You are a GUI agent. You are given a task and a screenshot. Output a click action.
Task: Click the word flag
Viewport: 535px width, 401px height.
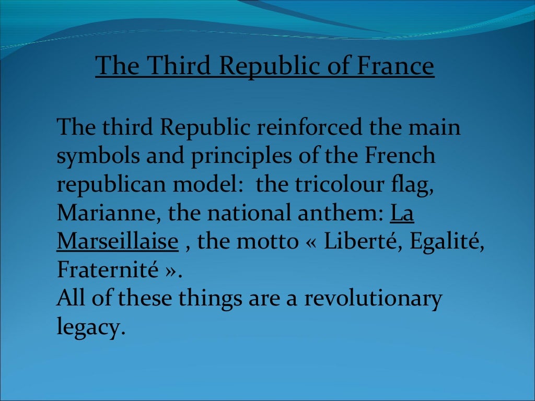tap(415, 185)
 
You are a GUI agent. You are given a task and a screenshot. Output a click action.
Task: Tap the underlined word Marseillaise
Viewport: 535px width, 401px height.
tap(118, 242)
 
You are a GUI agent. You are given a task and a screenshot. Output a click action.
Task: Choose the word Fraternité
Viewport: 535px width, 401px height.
tap(108, 270)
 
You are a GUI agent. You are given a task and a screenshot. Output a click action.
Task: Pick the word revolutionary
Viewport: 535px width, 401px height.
tap(373, 299)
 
